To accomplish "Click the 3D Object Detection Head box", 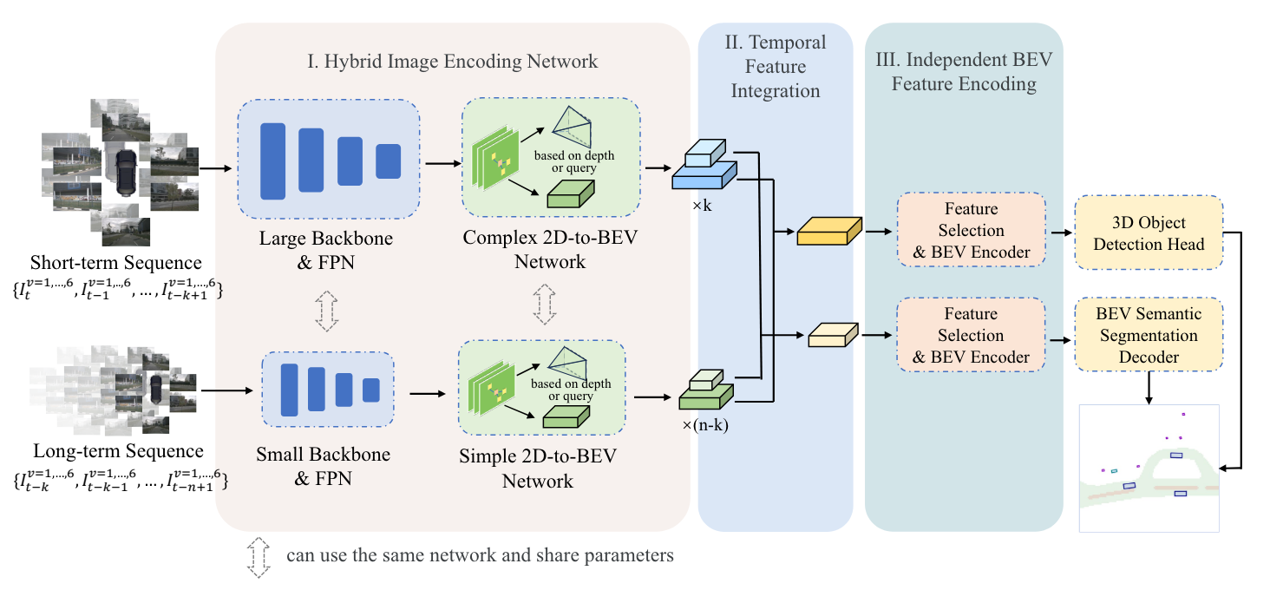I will point(1149,232).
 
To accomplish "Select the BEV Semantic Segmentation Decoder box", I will point(1149,335).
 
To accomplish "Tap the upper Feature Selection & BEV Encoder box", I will point(971,231).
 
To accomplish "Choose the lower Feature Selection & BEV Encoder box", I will point(971,335).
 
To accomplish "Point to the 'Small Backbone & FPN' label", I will point(323,465).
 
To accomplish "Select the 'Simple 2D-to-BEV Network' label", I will point(538,469).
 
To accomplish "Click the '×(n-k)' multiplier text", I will point(704,424).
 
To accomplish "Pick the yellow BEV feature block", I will point(828,232).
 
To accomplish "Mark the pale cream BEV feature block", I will point(832,335).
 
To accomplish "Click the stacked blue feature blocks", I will point(704,168).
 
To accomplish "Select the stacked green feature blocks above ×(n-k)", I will point(705,390).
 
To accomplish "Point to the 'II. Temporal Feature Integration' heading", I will point(776,66).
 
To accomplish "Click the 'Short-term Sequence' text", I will point(115,263).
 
